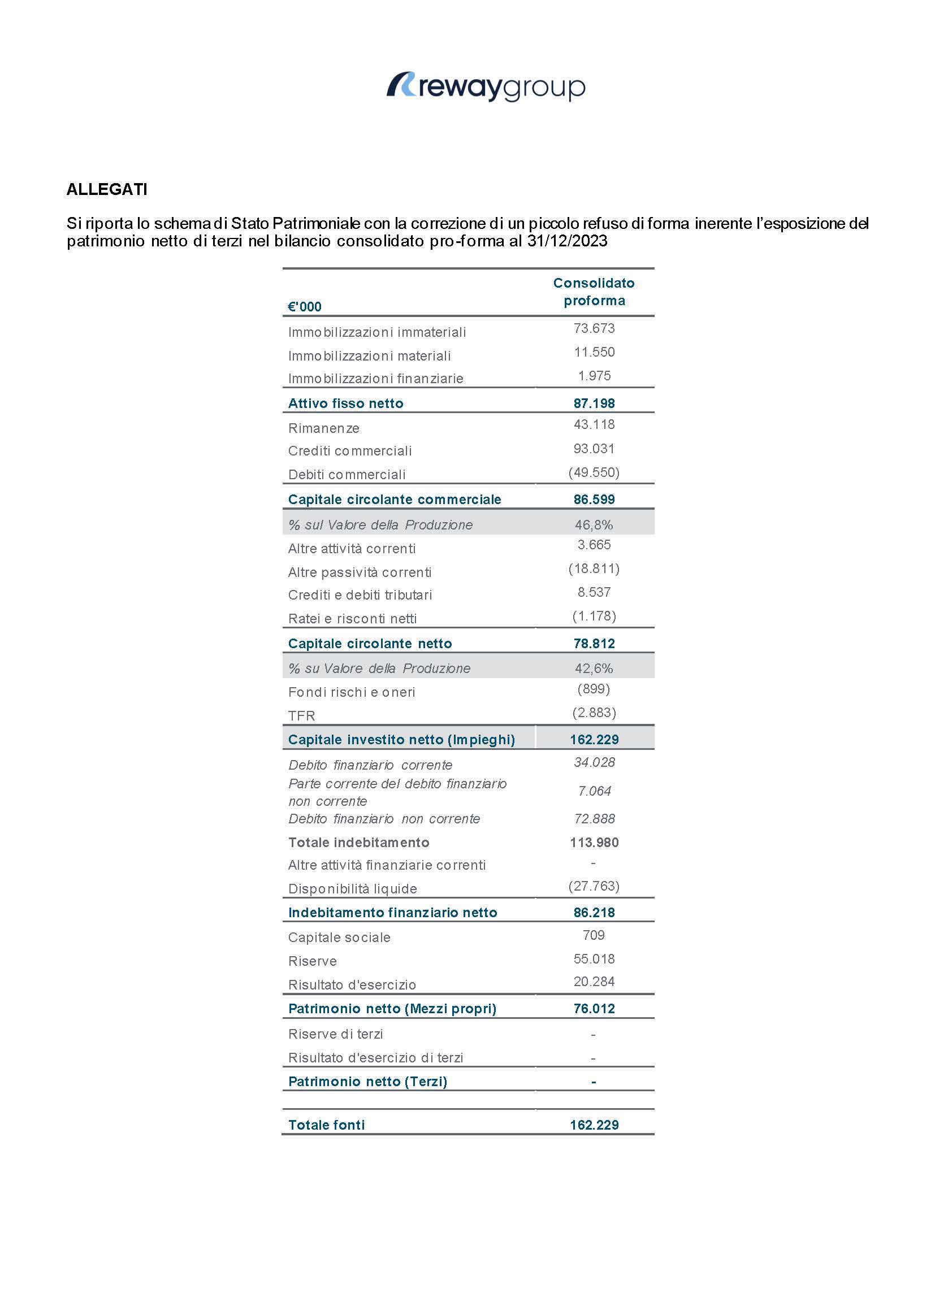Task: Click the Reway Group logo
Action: click(x=486, y=87)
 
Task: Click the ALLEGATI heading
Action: click(x=107, y=189)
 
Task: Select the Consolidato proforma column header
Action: click(x=594, y=292)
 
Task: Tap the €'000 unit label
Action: click(x=305, y=307)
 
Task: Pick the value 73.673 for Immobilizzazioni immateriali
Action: click(x=594, y=328)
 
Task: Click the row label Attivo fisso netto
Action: click(x=345, y=403)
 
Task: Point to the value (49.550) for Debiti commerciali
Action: click(x=594, y=472)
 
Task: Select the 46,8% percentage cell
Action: click(x=594, y=525)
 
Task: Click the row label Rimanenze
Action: click(x=323, y=428)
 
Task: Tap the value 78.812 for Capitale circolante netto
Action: click(x=594, y=644)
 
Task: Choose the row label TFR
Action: click(x=302, y=716)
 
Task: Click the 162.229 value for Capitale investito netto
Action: click(x=594, y=740)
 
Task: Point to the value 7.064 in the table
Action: click(x=594, y=791)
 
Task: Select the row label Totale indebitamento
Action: click(x=359, y=843)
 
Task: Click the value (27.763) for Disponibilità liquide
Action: click(x=594, y=886)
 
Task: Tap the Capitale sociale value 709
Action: click(x=594, y=935)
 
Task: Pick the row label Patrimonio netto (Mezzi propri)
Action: click(x=392, y=1009)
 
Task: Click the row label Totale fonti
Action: click(x=326, y=1125)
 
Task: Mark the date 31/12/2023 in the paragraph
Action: click(x=567, y=241)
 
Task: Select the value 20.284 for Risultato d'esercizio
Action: click(x=594, y=982)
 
